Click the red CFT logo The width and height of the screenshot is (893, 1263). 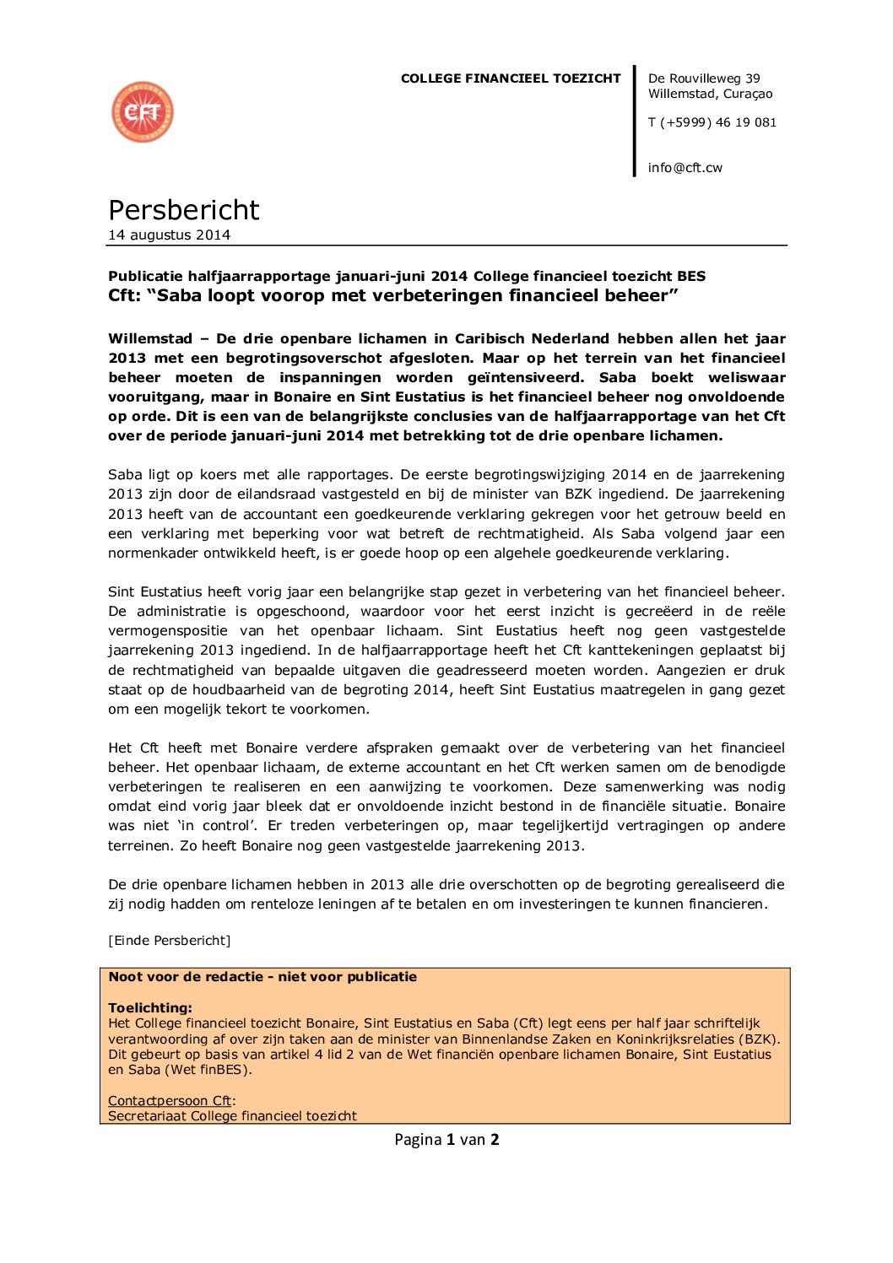pos(143,112)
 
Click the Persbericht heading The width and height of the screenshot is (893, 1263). pos(184,210)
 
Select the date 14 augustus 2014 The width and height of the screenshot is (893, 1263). pos(169,235)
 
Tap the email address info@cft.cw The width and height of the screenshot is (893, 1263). pos(685,168)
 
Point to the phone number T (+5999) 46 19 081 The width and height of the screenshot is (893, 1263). pos(712,122)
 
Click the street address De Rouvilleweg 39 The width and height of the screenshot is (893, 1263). pos(703,78)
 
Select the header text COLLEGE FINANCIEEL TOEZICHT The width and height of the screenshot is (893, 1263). pos(510,78)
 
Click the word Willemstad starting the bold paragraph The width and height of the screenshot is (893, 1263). pos(150,339)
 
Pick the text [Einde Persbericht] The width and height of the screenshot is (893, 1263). pos(169,941)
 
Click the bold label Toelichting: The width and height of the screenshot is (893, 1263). pos(150,1008)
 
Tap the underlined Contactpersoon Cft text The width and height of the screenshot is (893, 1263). pos(170,1101)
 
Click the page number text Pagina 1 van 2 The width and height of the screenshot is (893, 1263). pos(446,1140)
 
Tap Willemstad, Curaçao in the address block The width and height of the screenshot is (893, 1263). pos(710,94)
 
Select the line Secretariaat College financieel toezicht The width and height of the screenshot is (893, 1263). pos(232,1116)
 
